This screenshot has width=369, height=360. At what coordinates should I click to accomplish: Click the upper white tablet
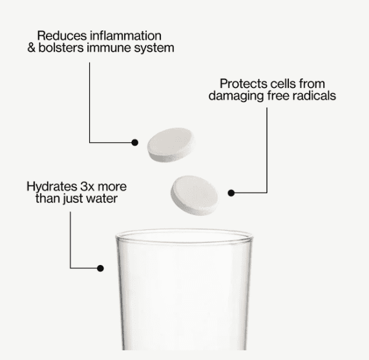[170, 143]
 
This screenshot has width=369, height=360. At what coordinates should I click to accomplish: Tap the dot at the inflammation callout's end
[135, 142]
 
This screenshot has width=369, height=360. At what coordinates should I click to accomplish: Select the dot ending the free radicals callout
[231, 192]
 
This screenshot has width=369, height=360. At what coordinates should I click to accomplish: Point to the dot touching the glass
[100, 267]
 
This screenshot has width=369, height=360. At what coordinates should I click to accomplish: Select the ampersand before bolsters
[32, 48]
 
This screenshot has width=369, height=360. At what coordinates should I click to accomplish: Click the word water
[102, 198]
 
